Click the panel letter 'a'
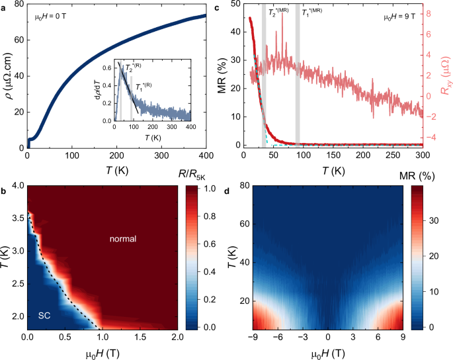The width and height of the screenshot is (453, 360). click(x=4, y=5)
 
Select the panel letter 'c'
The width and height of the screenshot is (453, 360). click(x=236, y=5)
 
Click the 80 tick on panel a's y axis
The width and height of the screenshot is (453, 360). click(x=18, y=5)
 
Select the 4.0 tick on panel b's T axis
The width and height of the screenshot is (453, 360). click(x=17, y=186)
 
